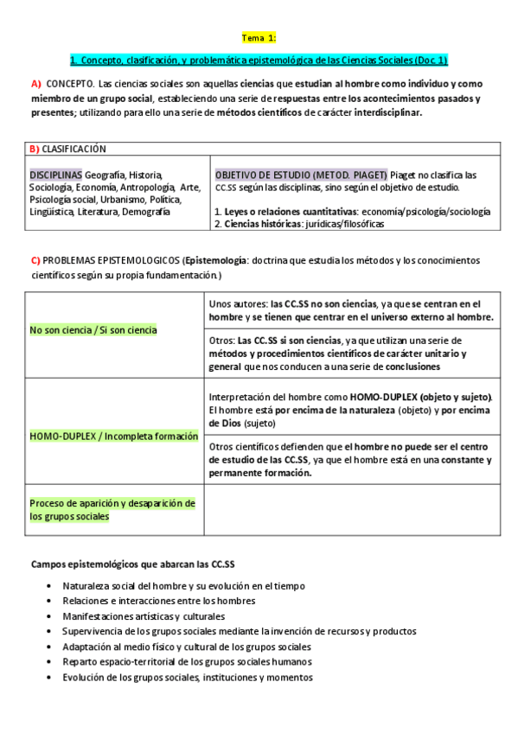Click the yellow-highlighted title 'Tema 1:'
[x=259, y=38]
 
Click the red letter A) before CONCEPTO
[x=35, y=84]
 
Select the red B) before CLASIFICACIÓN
[x=34, y=149]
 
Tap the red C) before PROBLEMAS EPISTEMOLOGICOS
[x=35, y=260]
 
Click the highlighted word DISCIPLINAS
[x=55, y=175]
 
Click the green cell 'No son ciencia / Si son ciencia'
[x=93, y=329]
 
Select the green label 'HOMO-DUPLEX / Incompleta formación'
[x=114, y=437]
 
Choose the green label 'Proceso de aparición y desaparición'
[x=113, y=503]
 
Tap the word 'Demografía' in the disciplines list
[x=145, y=212]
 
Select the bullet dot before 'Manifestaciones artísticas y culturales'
[x=51, y=616]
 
